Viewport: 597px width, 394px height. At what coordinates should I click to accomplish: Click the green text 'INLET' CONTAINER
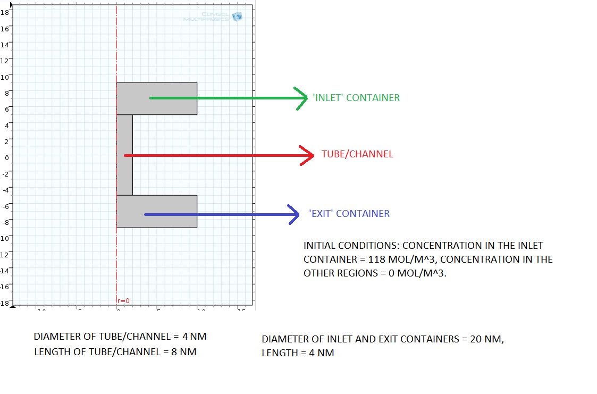coord(356,98)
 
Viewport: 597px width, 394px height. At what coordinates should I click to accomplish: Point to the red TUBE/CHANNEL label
coord(357,155)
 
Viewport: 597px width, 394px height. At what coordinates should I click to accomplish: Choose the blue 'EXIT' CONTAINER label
coord(349,214)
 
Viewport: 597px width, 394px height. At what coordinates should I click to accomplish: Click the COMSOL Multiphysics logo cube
coord(237,16)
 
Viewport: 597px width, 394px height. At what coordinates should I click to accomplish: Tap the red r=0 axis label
coord(123,301)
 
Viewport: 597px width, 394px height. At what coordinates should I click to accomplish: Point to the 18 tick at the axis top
coord(5,12)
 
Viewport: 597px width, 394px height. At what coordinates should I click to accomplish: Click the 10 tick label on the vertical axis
coord(5,77)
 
